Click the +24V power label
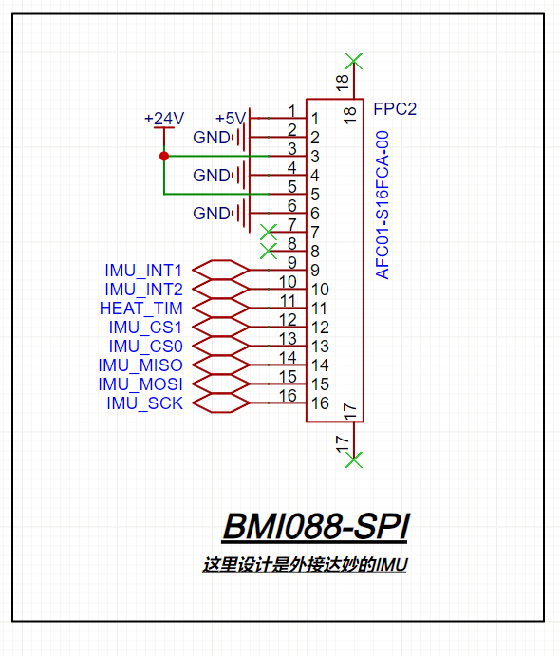pos(164,119)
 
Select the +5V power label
pos(231,119)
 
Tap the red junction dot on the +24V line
pos(164,156)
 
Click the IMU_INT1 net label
pos(143,271)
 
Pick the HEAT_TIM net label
pos(141,309)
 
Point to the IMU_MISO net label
pos(140,365)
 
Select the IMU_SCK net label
pos(144,403)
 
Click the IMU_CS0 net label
pos(145,347)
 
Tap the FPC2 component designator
pos(395,109)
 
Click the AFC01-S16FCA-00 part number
pos(383,205)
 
